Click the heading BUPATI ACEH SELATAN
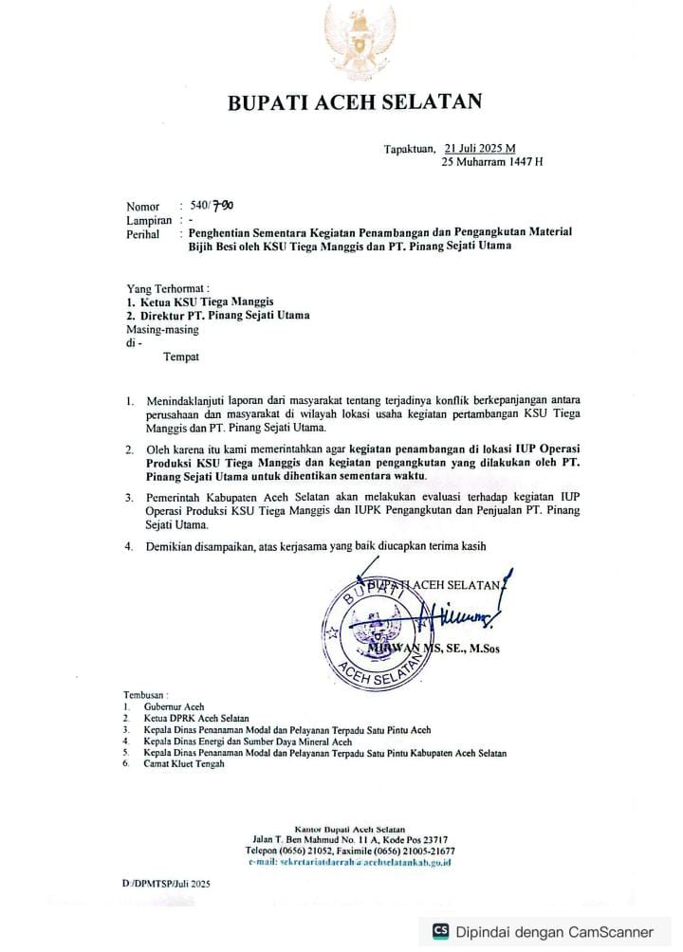coord(355,103)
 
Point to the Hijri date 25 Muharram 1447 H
coord(492,162)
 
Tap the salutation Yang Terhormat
coord(167,287)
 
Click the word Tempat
coord(181,357)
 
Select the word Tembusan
coord(146,695)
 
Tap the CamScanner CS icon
coord(440,931)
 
